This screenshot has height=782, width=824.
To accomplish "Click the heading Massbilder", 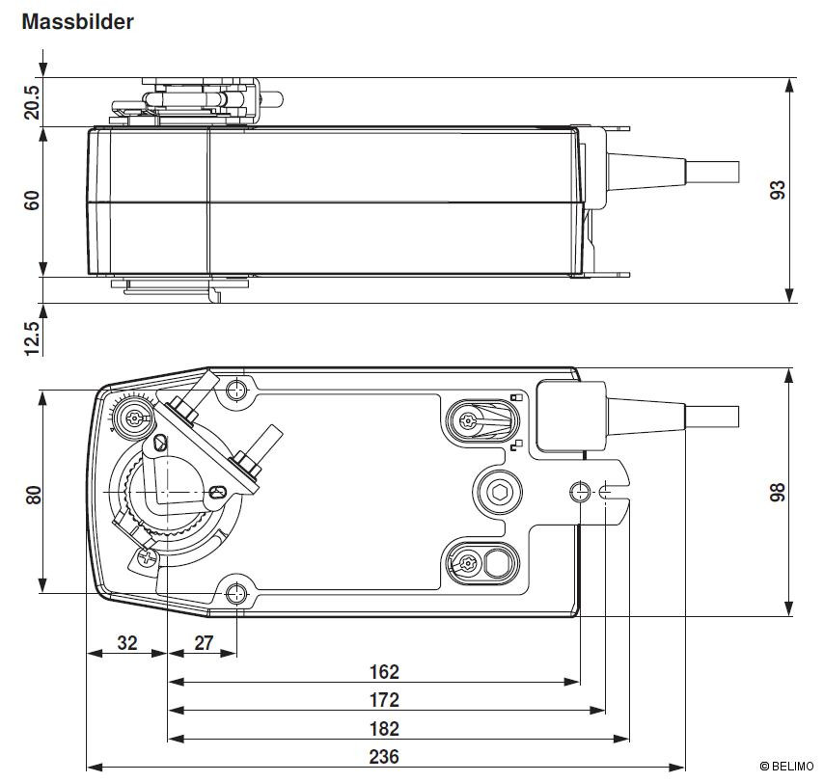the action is pos(77,21).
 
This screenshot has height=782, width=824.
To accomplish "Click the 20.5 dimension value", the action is pos(32,102).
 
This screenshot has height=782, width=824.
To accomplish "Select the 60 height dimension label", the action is pos(32,201).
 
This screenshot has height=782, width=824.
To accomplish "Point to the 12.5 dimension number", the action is pos(32,338).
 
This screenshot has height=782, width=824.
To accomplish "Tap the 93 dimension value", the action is pos(778,190).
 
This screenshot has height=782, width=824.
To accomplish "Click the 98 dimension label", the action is pos(778,492).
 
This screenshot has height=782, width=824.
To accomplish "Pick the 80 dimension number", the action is pos(33,495).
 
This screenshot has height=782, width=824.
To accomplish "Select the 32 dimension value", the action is pos(126,642).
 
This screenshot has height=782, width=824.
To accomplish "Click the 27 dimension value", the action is pos(204,642).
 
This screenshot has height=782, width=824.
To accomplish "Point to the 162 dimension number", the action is pos(384,672).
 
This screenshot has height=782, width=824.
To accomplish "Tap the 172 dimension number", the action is pos(384,700).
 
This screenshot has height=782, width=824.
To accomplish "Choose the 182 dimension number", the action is pos(384,729).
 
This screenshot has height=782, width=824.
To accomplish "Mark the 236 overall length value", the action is pos(384,757).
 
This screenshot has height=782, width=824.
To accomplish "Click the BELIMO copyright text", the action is pos(786,767).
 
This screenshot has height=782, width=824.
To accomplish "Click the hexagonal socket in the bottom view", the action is pos(498,492).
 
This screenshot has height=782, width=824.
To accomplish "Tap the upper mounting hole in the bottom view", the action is pos(236,390).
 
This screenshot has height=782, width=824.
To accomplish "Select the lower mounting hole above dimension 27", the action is pos(236,594).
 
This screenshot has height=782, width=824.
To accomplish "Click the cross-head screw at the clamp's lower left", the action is pos(148,556).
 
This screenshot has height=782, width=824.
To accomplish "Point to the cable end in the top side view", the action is pos(713,172).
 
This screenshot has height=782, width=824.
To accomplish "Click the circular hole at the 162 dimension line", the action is pos(580,492).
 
